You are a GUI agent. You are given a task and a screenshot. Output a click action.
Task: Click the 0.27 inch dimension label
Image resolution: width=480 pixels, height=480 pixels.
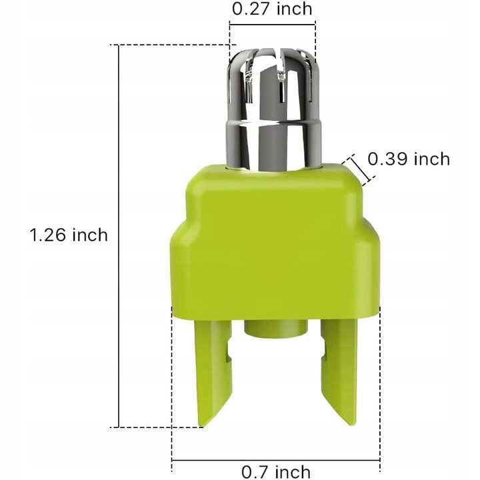point(271,9)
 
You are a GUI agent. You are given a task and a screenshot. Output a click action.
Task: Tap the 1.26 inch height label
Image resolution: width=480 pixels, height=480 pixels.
point(69,235)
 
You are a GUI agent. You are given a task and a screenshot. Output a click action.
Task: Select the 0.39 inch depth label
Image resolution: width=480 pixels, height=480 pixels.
point(409,159)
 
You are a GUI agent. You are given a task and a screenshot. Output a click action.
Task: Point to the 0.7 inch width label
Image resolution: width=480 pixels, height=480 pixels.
point(276,473)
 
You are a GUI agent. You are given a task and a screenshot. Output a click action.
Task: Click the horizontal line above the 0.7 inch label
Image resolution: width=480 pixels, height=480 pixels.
point(276,459)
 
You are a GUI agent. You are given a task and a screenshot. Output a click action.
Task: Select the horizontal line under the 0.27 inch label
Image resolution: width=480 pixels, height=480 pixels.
point(272,25)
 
